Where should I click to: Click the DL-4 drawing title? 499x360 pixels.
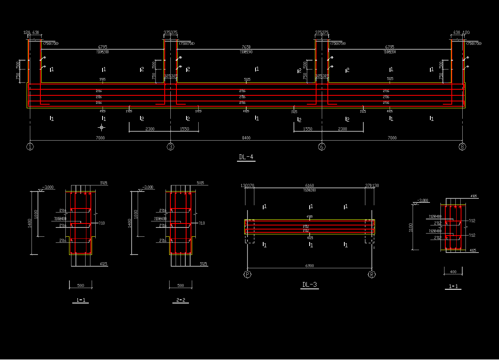tap(246, 157)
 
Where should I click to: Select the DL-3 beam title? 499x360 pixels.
tap(310, 285)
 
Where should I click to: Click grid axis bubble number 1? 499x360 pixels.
tap(30, 147)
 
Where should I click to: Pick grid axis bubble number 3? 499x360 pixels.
tap(171, 147)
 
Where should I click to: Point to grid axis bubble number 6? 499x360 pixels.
tap(322, 147)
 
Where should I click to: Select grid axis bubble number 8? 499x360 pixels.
tap(462, 147)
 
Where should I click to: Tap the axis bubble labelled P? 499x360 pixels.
tap(247, 275)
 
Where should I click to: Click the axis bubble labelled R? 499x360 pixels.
tap(372, 275)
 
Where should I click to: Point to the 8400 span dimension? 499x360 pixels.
tap(246, 138)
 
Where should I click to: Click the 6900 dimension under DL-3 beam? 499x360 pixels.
tap(310, 266)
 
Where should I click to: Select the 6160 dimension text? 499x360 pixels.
tap(310, 186)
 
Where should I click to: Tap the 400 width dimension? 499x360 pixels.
tap(453, 272)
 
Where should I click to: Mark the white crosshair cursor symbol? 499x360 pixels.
tap(101, 128)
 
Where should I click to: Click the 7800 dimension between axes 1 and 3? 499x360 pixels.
tap(100, 138)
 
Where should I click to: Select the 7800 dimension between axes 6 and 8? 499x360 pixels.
tap(392, 138)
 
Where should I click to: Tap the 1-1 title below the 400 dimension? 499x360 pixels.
tap(453, 287)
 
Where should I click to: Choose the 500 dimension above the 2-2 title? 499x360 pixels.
tap(180, 286)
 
